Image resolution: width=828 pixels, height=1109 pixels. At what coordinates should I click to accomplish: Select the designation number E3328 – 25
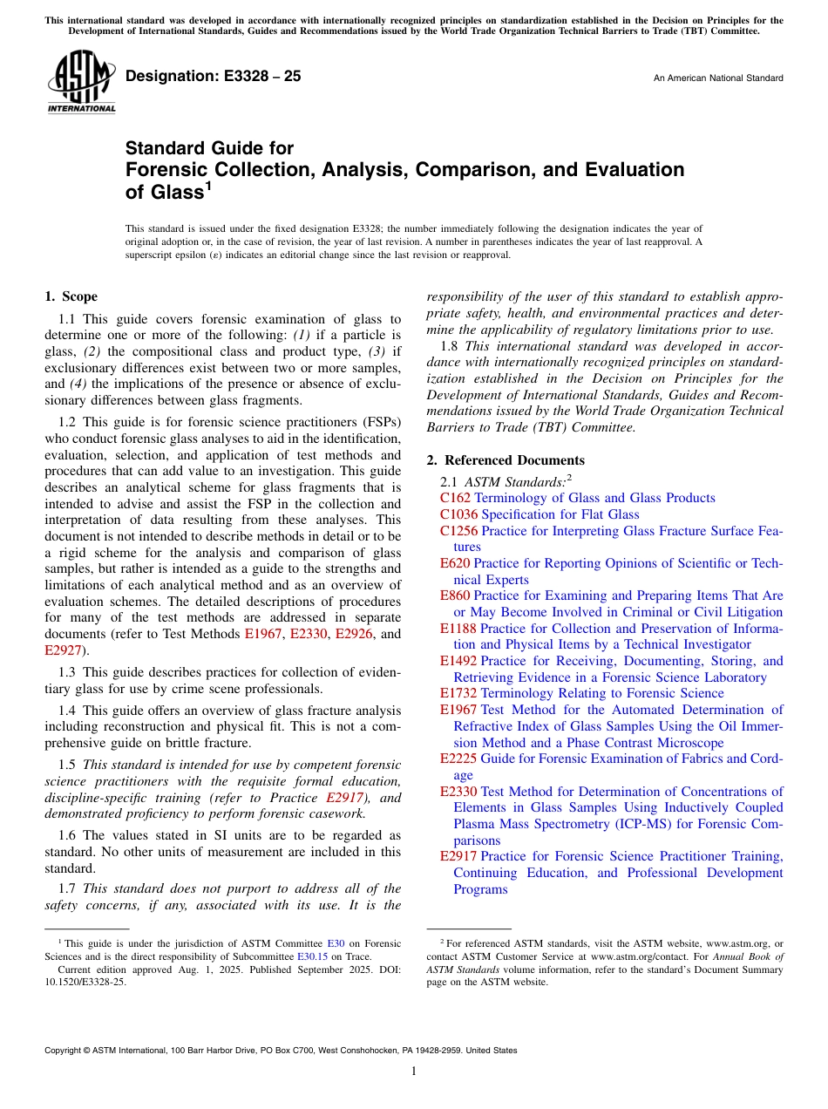[x=214, y=77]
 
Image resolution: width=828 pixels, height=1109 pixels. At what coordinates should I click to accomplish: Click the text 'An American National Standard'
[x=717, y=78]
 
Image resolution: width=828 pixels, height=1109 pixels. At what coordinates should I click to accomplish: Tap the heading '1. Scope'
[x=71, y=296]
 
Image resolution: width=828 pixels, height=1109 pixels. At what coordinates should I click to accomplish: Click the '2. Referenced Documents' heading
[x=506, y=460]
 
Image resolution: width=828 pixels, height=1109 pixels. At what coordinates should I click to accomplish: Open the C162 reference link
[x=456, y=498]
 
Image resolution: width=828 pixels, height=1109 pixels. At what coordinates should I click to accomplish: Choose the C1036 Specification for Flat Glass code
[x=459, y=514]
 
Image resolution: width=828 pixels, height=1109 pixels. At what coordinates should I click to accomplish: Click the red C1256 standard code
[x=459, y=531]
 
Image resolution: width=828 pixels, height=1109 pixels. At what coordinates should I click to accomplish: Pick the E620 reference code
[x=455, y=563]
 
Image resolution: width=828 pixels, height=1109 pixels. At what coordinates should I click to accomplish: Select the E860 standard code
[x=455, y=595]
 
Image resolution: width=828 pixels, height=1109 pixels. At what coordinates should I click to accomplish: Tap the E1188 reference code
[x=458, y=629]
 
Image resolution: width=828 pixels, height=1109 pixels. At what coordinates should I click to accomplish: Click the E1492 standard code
[x=458, y=661]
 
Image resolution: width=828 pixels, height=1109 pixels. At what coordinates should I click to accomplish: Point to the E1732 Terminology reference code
[x=458, y=693]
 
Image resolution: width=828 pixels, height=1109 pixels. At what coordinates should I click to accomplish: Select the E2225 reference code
[x=458, y=759]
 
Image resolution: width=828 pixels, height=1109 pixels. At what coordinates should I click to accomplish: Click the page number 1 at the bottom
[x=414, y=1072]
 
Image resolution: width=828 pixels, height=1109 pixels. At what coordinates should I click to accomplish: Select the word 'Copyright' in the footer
[x=64, y=1051]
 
